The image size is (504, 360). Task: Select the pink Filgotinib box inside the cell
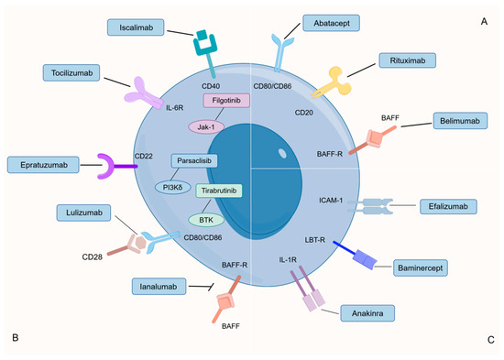click(226, 100)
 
